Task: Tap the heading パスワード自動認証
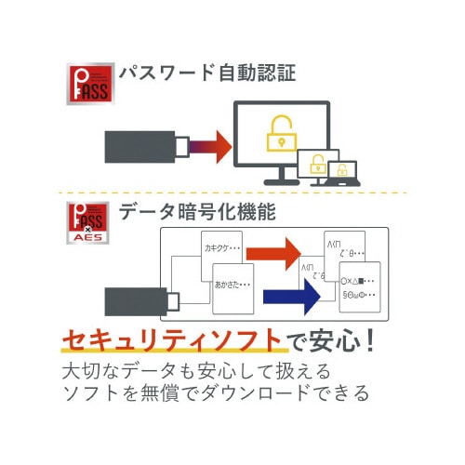(206, 73)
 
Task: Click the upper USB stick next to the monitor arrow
(145, 146)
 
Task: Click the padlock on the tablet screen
(318, 166)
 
